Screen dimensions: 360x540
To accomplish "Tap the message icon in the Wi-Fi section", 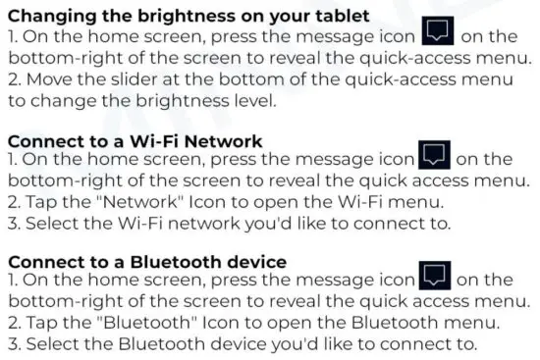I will click(x=434, y=156).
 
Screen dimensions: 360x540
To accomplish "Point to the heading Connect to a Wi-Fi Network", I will click(x=135, y=140).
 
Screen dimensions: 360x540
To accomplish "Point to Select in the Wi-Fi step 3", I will click(x=52, y=223).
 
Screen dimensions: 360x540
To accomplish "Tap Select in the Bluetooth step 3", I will click(x=52, y=344).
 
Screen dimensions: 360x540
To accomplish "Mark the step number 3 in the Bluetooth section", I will click(x=13, y=344).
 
